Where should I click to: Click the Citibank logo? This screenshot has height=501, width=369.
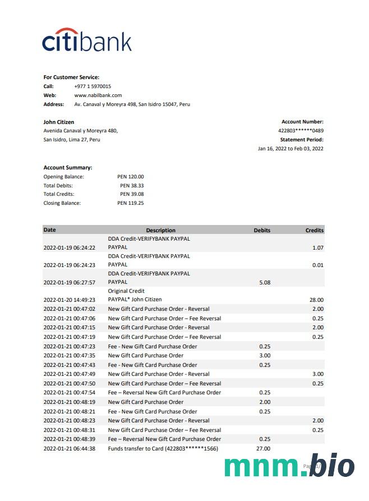click(x=87, y=40)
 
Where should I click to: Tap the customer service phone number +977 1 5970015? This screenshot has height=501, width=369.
click(x=93, y=86)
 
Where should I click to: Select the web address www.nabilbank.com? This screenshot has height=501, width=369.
click(x=98, y=95)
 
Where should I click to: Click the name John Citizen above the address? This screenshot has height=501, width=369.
click(x=59, y=122)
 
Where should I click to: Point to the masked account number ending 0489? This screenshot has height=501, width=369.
click(x=301, y=131)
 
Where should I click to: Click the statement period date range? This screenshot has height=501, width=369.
click(x=290, y=149)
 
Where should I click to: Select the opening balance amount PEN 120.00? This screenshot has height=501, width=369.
click(x=131, y=177)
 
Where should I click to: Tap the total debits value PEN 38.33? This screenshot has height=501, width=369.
click(x=132, y=186)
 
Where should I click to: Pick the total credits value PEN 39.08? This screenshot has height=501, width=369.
click(x=132, y=194)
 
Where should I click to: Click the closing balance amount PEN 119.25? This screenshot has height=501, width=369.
click(x=131, y=203)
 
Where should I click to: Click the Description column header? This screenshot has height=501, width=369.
click(x=160, y=230)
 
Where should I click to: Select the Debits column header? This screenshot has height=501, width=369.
click(x=262, y=230)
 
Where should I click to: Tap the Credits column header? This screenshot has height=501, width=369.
click(x=314, y=230)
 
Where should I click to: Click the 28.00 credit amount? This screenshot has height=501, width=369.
click(x=316, y=300)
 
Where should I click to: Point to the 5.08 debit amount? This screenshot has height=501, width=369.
click(x=265, y=283)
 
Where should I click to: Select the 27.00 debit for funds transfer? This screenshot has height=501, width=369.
click(x=263, y=449)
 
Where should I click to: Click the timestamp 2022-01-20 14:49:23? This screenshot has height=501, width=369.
click(x=69, y=300)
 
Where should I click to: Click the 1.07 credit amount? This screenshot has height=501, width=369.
click(x=318, y=247)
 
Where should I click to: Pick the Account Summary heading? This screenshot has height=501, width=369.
click(x=68, y=168)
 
